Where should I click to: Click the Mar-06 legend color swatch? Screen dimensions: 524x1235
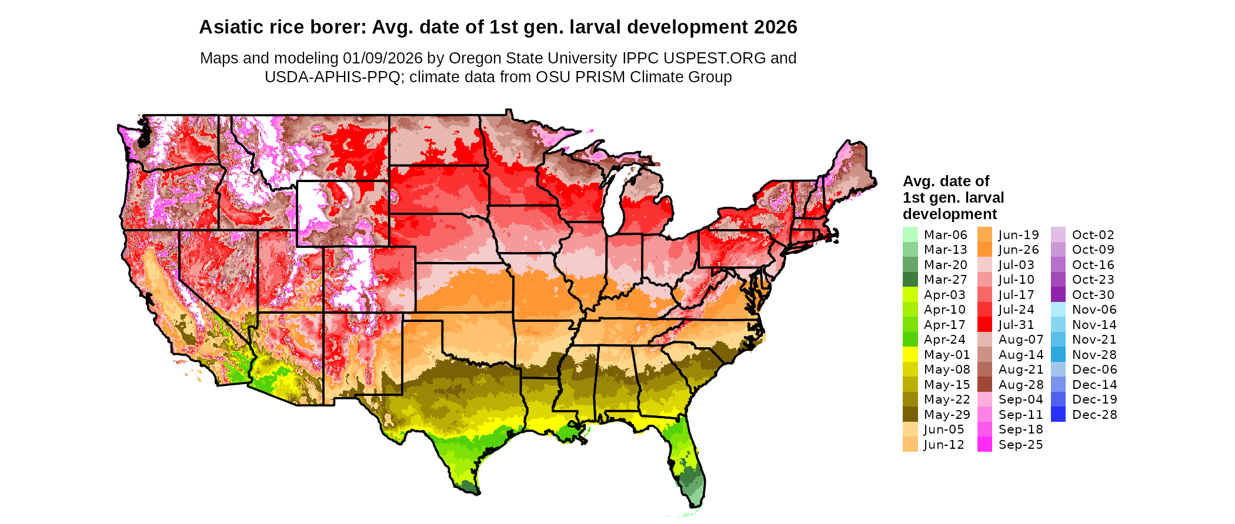(910, 234)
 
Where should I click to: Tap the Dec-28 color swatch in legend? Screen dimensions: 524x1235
(1058, 415)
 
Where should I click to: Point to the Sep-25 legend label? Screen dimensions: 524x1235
(1020, 445)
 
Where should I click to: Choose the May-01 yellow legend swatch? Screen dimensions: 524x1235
(910, 355)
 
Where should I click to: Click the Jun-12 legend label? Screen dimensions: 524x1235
(944, 445)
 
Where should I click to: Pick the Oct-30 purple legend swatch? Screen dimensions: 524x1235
(1058, 295)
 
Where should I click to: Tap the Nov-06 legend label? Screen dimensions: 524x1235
(1094, 310)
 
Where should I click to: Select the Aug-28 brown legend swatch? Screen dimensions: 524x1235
(984, 385)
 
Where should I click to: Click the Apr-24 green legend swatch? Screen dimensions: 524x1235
(910, 340)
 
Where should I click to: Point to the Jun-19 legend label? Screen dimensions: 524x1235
(1019, 235)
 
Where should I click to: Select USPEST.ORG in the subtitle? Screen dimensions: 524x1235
(715, 58)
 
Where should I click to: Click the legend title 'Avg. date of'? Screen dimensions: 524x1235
(946, 181)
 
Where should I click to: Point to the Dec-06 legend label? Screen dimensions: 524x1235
(1094, 370)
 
